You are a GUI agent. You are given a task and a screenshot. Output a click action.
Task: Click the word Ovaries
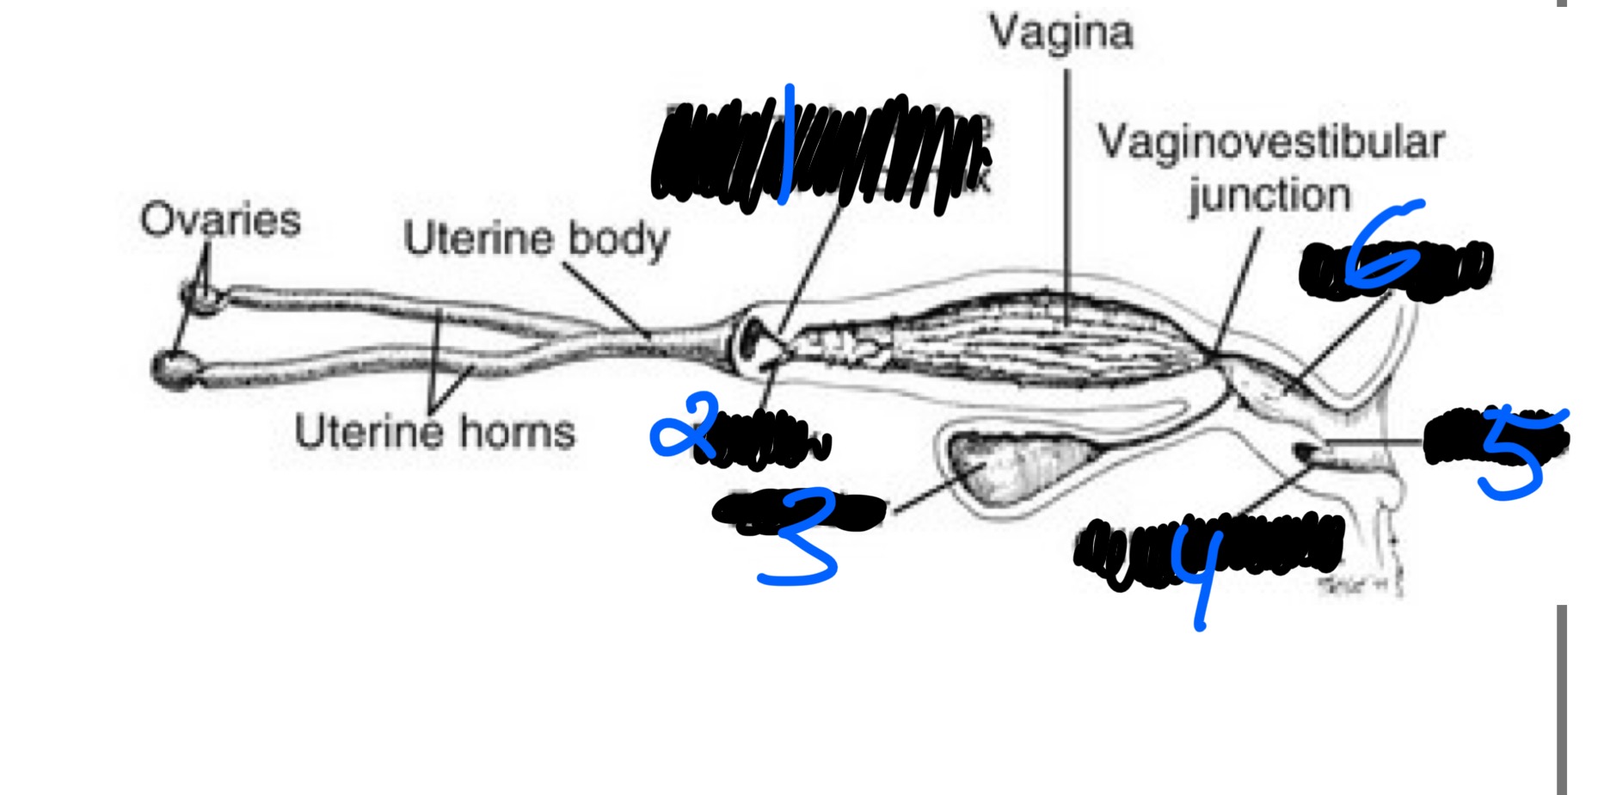[220, 219]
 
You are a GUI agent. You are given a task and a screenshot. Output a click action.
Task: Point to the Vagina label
[1061, 33]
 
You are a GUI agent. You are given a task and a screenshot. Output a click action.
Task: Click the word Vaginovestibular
[1270, 142]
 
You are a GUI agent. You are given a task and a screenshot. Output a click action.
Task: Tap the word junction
[1269, 196]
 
